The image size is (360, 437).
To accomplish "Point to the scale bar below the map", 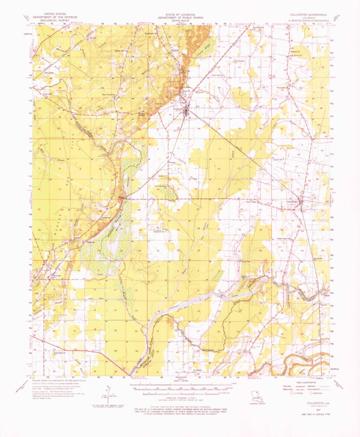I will point(181,385).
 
